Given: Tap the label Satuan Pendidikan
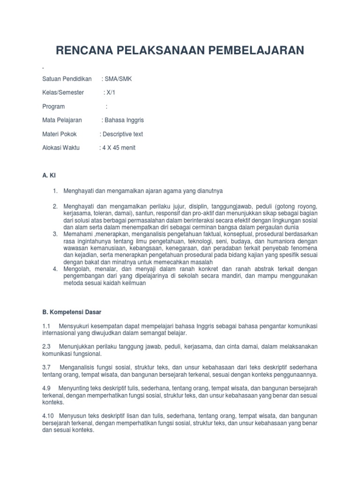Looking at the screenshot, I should [67, 79].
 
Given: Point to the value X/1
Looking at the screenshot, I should [110, 92].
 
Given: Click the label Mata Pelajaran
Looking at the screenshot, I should [62, 120].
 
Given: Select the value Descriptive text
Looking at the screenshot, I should [123, 134].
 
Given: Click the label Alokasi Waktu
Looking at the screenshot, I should [61, 148].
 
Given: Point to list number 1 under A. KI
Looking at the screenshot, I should [55, 191].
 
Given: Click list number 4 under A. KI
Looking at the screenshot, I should [55, 269].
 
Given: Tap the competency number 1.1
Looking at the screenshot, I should [46, 326].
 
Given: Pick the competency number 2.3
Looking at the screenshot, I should [46, 346].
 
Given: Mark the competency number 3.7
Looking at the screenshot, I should [46, 367].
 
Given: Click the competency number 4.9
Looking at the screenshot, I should [46, 388].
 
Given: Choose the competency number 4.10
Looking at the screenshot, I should [47, 415].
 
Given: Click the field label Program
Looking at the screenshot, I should [53, 106].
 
